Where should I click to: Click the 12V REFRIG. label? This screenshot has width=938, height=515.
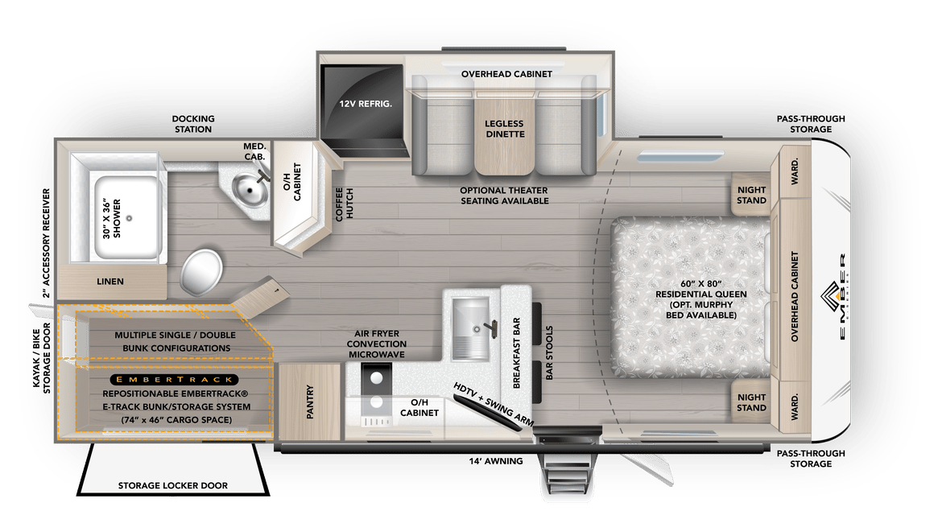(366, 104)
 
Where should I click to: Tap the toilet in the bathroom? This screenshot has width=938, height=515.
(201, 272)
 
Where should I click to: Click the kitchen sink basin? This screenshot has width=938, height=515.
(470, 328)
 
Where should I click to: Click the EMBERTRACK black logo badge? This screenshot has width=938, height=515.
(174, 379)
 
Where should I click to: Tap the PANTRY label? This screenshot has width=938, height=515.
(310, 402)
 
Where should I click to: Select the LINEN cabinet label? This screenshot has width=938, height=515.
(110, 281)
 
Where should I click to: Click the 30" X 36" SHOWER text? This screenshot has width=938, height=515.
(111, 218)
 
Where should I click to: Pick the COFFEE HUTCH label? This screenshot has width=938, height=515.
(344, 204)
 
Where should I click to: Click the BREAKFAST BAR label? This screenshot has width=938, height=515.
(516, 353)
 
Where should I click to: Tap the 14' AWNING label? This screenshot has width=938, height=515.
(495, 461)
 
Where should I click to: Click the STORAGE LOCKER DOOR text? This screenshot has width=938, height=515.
(173, 486)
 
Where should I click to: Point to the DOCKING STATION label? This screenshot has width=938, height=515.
(193, 124)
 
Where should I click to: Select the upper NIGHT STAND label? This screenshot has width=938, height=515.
(751, 195)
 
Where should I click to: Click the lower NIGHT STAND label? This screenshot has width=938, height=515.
(751, 402)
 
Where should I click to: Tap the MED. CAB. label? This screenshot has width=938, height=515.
(255, 151)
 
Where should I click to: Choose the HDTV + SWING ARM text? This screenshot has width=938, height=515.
(493, 404)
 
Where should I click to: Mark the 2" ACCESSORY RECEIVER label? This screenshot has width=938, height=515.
(46, 244)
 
